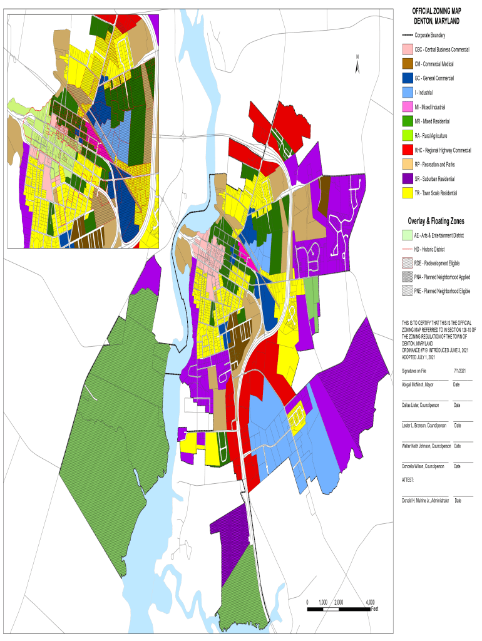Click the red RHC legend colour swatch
click(407, 150)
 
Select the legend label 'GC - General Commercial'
click(443, 78)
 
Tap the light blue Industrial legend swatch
click(407, 93)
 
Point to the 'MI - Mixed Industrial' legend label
click(438, 107)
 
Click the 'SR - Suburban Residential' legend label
click(443, 179)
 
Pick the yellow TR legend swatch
click(407, 193)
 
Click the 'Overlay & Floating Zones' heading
click(436, 222)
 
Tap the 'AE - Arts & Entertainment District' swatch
click(407, 235)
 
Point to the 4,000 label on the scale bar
click(371, 602)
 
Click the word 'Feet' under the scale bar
click(374, 608)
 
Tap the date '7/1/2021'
click(460, 371)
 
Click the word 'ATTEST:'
click(408, 479)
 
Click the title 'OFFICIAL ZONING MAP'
click(436, 11)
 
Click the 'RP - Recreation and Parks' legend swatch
click(407, 165)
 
